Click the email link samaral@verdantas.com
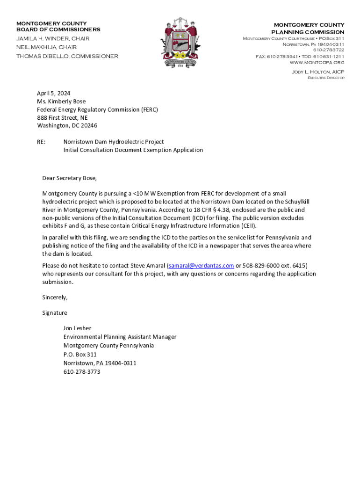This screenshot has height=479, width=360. click(201, 266)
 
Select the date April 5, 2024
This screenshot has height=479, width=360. click(54, 93)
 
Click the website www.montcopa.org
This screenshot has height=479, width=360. click(317, 62)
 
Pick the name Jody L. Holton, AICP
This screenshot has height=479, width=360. click(318, 72)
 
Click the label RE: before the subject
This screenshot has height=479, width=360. click(41, 142)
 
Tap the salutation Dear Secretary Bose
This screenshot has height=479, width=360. click(70, 178)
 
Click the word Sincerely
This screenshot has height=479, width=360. click(55, 298)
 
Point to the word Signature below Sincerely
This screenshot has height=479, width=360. click(55, 313)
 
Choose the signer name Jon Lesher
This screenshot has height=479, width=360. click(77, 328)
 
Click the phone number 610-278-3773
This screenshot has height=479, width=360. click(82, 372)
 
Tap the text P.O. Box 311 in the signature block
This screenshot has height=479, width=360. click(80, 355)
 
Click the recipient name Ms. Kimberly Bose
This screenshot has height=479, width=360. click(61, 102)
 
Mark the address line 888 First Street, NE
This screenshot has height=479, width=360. click(62, 118)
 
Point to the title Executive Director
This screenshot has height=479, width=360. click(325, 78)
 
